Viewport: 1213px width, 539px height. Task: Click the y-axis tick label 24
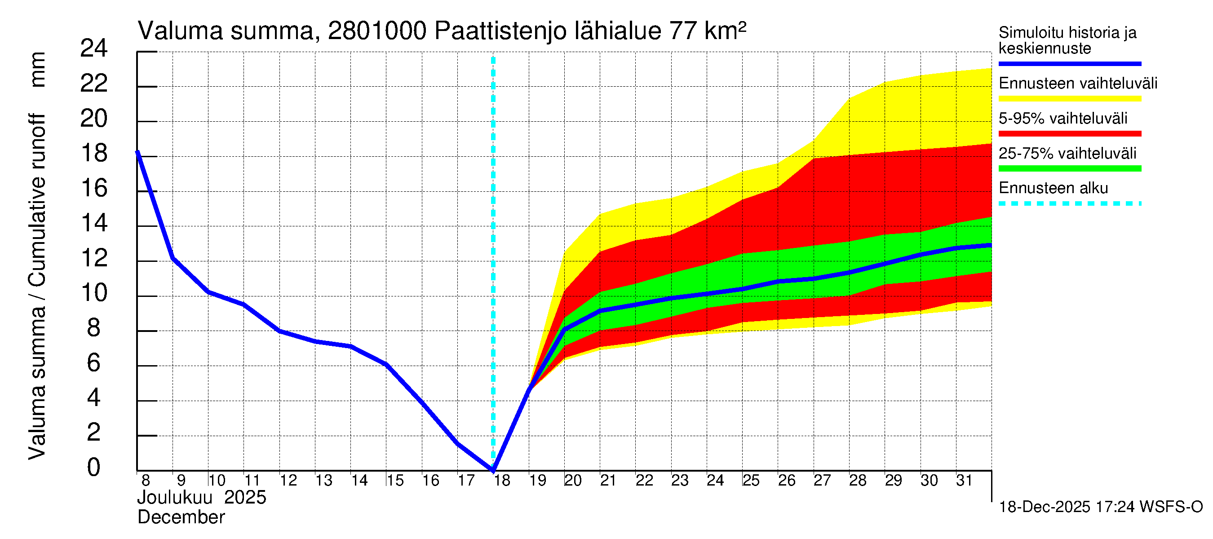click(x=94, y=49)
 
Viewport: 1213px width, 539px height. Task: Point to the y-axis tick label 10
click(x=94, y=293)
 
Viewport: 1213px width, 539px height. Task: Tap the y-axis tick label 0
click(x=94, y=468)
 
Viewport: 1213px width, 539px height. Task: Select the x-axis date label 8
click(x=146, y=481)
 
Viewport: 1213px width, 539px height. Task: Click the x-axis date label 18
click(x=502, y=481)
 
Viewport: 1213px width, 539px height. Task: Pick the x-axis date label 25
click(x=751, y=481)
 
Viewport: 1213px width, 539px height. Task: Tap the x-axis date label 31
click(x=965, y=481)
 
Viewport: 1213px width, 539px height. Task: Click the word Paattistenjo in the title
click(x=500, y=31)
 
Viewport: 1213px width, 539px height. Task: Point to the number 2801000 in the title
click(x=377, y=31)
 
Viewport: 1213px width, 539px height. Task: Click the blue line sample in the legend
click(x=1069, y=63)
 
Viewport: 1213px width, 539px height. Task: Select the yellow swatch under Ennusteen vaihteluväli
click(x=1069, y=99)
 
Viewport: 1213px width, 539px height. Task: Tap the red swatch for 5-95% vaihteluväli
click(x=1069, y=134)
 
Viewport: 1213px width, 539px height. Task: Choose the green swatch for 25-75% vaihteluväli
click(x=1069, y=168)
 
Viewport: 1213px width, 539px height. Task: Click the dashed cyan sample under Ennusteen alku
click(x=1069, y=204)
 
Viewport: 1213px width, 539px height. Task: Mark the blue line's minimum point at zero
click(x=493, y=470)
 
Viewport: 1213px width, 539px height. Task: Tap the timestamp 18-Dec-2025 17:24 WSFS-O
click(x=1100, y=507)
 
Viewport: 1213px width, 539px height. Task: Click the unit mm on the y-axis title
click(x=38, y=70)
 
